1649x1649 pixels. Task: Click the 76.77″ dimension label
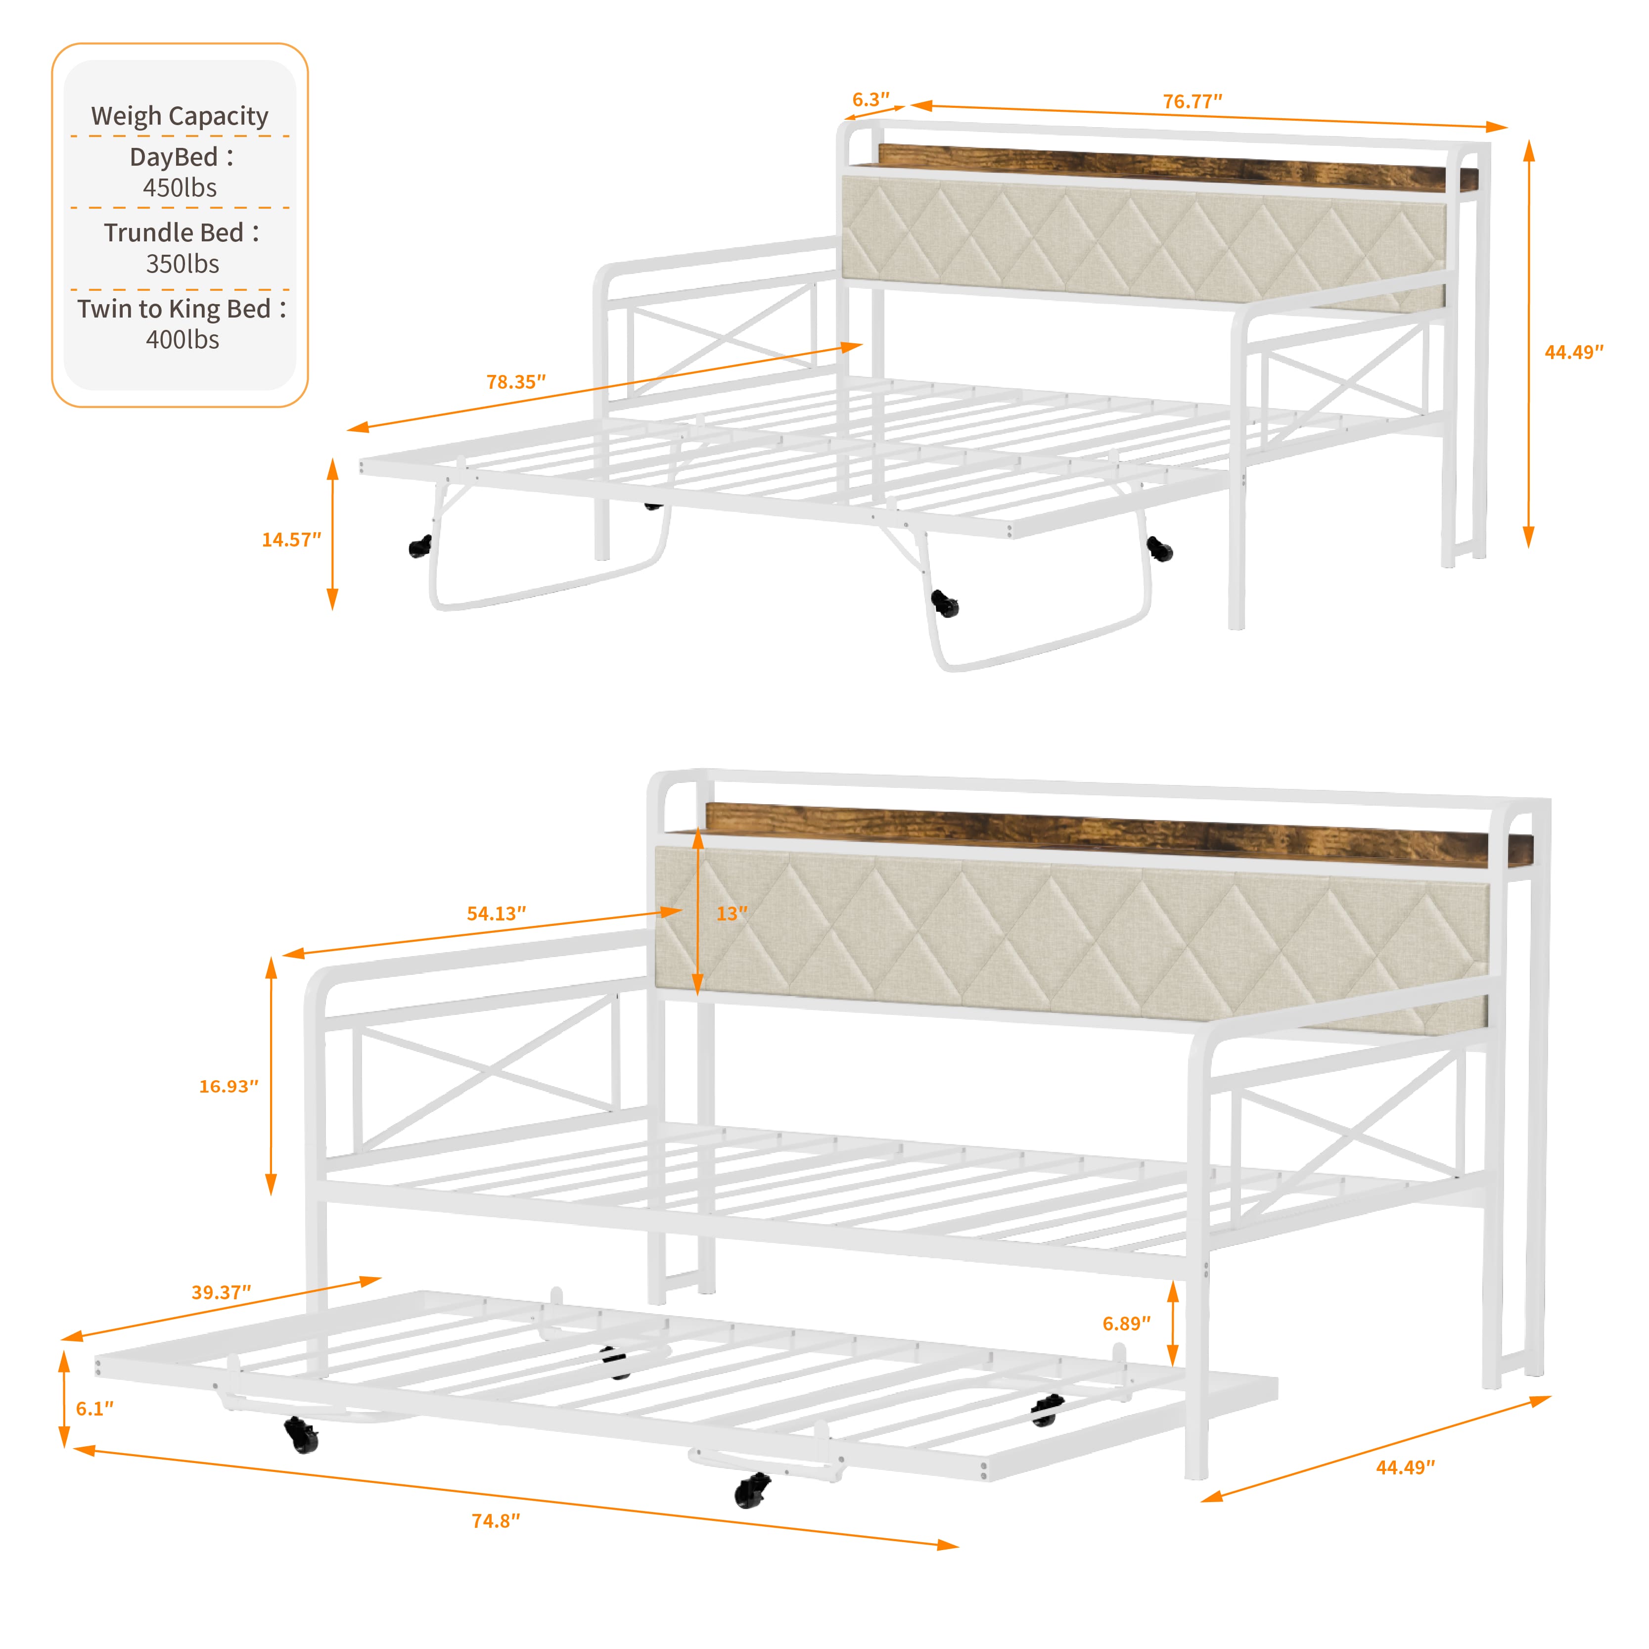pyautogui.click(x=1192, y=101)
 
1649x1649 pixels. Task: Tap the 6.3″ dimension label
pyautogui.click(x=870, y=100)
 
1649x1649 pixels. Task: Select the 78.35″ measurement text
pyautogui.click(x=515, y=381)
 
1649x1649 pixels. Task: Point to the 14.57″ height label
pyautogui.click(x=291, y=540)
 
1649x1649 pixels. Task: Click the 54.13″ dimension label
pyautogui.click(x=496, y=913)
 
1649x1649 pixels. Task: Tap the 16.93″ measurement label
pyautogui.click(x=229, y=1086)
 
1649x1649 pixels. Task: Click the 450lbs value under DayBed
pyautogui.click(x=180, y=188)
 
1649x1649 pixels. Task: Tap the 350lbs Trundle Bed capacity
pyautogui.click(x=183, y=264)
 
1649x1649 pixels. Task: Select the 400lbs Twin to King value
pyautogui.click(x=183, y=340)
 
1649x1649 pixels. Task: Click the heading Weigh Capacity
pyautogui.click(x=180, y=115)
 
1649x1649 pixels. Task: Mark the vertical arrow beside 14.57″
pyautogui.click(x=333, y=534)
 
